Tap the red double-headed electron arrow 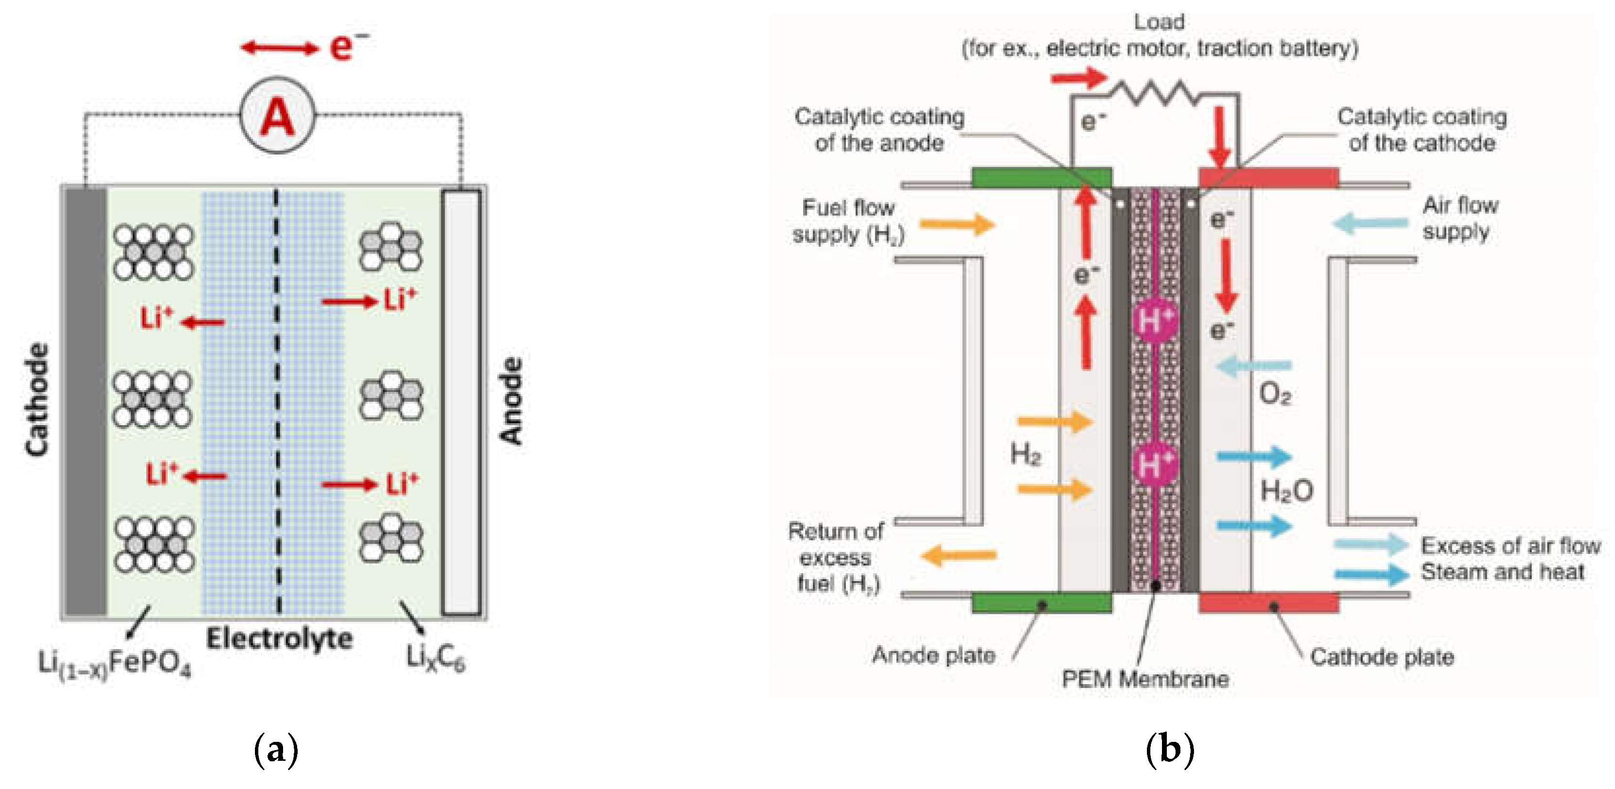(x=280, y=47)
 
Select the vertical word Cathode (x=37, y=399)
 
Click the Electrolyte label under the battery (x=280, y=639)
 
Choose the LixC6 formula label (x=436, y=658)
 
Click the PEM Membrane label (x=1145, y=679)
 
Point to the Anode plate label (x=934, y=655)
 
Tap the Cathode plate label (x=1382, y=657)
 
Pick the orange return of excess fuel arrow (x=959, y=555)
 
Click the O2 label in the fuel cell (x=1275, y=394)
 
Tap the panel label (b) (x=1169, y=750)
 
